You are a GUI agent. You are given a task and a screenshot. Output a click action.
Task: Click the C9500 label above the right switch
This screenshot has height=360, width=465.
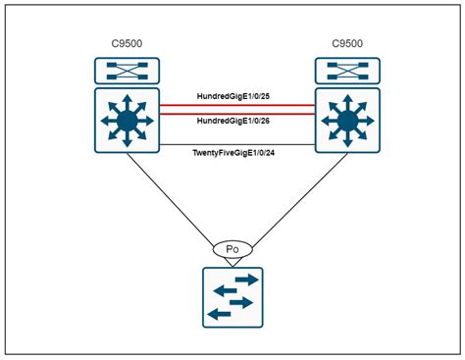[344, 43]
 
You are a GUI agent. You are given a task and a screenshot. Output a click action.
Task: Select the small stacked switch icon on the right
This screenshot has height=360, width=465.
[344, 71]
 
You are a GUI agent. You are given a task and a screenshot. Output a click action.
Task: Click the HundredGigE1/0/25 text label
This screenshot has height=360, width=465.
[234, 96]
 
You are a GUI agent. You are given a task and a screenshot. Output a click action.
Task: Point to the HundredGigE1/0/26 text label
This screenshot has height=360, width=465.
[234, 120]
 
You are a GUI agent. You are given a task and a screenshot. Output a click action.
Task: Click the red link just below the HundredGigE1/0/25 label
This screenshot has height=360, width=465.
[234, 105]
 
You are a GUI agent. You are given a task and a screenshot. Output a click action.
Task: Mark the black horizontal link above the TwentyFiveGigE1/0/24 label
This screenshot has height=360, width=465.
[234, 143]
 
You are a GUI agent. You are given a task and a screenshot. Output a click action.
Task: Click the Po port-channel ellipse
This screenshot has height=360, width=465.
[233, 250]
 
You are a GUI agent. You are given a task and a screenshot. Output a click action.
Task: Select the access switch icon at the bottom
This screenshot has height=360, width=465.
[233, 297]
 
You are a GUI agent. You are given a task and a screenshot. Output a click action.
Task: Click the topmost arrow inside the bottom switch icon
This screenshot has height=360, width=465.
[244, 280]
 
